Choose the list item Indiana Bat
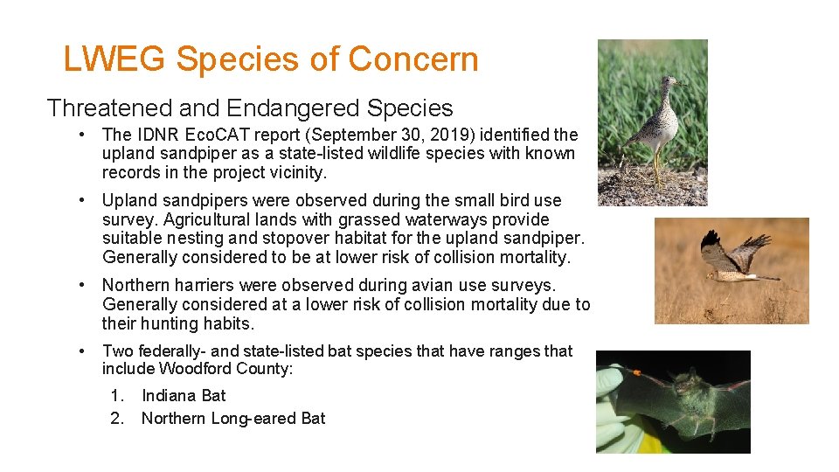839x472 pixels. [184, 396]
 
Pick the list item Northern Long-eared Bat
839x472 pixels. [233, 419]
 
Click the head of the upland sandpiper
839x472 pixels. [669, 82]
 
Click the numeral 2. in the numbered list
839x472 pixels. [117, 419]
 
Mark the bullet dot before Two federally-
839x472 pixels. [80, 351]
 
